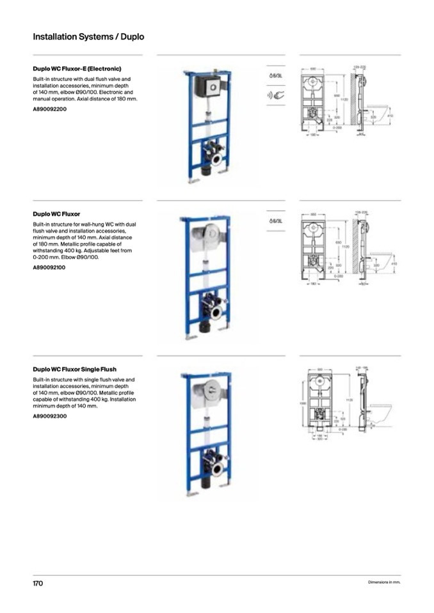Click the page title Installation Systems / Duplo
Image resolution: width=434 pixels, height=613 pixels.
pos(88,37)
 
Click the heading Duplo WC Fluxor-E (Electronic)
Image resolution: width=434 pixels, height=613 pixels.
pos(77,68)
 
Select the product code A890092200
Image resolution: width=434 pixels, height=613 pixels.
pos(50,109)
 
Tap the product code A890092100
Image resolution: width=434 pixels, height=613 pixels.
pos(50,267)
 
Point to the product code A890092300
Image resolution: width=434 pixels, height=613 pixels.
pos(50,416)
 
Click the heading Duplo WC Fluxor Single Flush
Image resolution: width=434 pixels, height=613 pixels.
pos(74,369)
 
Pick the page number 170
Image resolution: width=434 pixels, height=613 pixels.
pos(38,584)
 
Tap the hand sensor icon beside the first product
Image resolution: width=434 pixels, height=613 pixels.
pos(275,96)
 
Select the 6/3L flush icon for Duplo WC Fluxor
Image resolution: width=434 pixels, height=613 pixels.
pos(275,221)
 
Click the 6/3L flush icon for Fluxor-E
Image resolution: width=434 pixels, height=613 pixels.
pos(275,75)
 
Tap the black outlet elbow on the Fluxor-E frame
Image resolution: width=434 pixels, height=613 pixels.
pos(205,171)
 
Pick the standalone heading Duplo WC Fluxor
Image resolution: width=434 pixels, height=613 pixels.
pos(56,214)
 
